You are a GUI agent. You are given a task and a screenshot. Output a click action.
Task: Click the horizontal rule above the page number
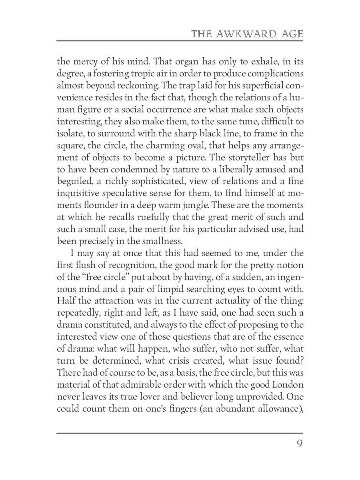(180, 433)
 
